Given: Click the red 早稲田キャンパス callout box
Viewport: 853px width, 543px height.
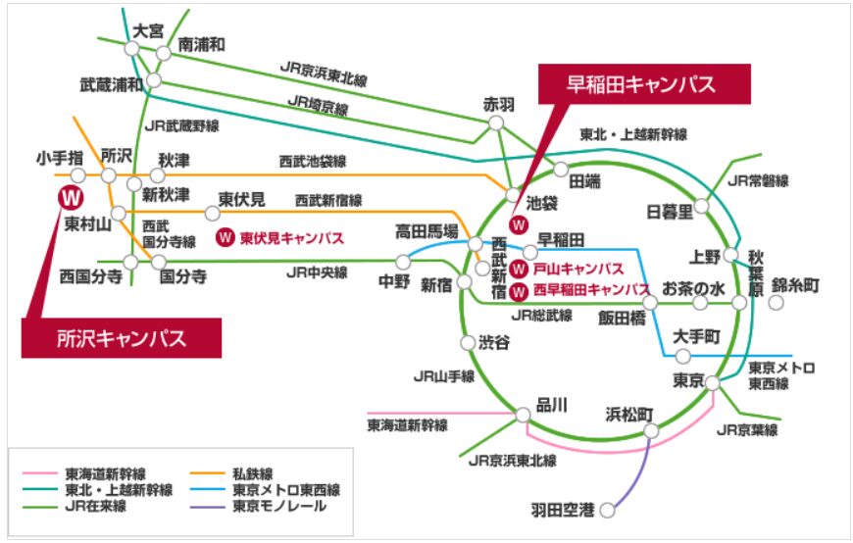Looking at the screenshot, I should pos(643,84).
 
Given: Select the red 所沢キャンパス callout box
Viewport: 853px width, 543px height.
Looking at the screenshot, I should pos(121,338).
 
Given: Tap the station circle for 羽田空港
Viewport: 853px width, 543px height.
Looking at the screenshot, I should pos(607,510).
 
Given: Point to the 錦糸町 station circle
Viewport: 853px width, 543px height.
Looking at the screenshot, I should pos(777,303).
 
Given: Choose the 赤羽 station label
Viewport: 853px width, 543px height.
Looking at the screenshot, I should pos(497,102).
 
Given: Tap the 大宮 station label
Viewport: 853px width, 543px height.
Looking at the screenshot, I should pos(148,30).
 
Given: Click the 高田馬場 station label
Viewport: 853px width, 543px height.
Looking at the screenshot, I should pos(426,231).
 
